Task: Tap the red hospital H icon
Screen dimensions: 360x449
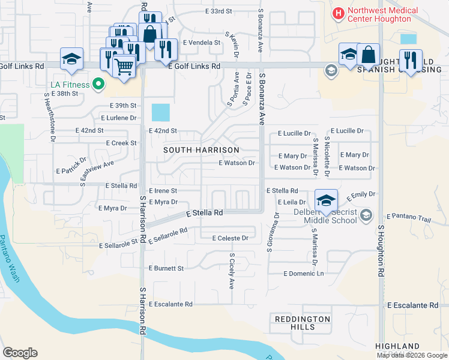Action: (339, 11)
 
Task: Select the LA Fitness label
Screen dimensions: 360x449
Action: (67, 85)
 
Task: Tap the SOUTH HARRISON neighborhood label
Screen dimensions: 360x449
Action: (202, 149)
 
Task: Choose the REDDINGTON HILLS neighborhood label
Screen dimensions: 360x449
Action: (303, 323)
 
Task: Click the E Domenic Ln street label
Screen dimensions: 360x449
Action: (303, 274)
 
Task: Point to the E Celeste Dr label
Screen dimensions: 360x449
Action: (230, 238)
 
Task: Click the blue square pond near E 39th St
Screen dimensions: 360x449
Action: (161, 112)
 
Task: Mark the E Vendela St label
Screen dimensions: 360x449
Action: (202, 43)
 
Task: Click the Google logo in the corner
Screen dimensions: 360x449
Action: (20, 353)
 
